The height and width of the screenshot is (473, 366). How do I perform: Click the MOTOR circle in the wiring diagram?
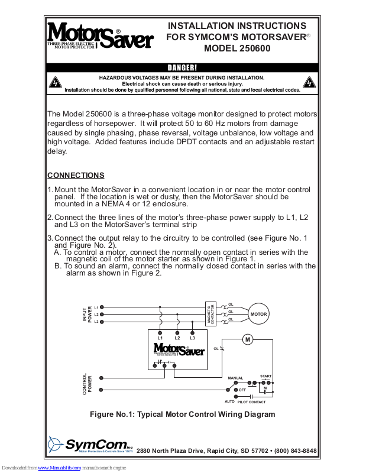(259, 314)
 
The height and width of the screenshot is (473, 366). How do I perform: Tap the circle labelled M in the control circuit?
(248, 339)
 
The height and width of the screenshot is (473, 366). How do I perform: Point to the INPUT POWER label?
(86, 314)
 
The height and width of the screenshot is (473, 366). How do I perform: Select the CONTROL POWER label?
(86, 384)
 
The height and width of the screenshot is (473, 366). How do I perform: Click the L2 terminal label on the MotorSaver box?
(177, 338)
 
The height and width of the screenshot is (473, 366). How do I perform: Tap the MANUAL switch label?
(235, 377)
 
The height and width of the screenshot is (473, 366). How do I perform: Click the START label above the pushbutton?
(265, 376)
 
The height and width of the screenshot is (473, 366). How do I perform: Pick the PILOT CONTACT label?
(252, 402)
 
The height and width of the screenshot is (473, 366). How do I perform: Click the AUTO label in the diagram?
(230, 402)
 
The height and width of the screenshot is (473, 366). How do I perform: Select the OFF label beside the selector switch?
(242, 390)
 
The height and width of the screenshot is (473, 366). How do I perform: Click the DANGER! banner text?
(182, 68)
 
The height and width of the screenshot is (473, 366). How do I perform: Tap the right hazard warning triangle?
(309, 83)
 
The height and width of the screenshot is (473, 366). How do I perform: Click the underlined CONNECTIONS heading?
(76, 176)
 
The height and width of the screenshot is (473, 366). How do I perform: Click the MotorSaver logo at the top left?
(100, 37)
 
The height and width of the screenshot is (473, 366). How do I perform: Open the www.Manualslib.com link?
(59, 468)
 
